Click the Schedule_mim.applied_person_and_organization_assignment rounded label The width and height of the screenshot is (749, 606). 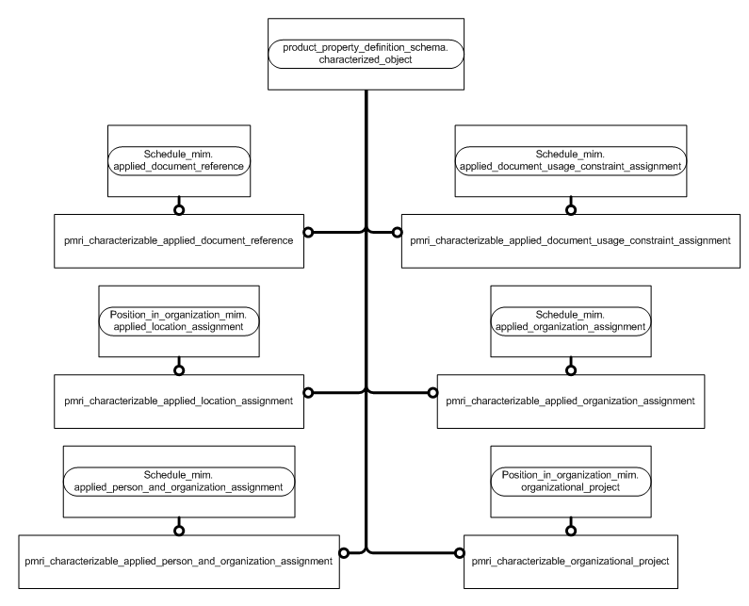[x=178, y=481]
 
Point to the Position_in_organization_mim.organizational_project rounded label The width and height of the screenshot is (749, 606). [x=569, y=481]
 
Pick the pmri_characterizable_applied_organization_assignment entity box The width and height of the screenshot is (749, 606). [x=570, y=401]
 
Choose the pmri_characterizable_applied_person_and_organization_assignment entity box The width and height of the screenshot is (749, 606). [x=179, y=562]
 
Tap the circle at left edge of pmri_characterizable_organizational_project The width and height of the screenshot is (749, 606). [x=460, y=551]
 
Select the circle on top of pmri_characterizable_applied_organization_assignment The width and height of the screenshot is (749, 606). [x=569, y=370]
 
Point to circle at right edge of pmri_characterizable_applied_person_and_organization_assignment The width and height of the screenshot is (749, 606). [x=344, y=551]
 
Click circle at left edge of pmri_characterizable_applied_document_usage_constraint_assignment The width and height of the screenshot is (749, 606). [x=396, y=230]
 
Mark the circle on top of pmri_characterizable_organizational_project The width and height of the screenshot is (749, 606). [x=569, y=531]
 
